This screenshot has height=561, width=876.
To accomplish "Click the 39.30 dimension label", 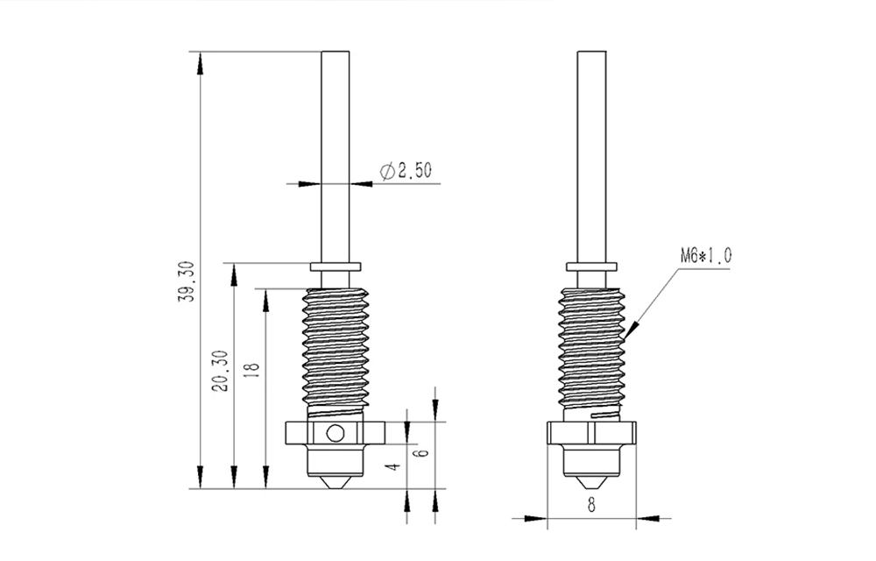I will coord(185,281).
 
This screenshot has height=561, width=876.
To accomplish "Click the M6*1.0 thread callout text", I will coord(705,256).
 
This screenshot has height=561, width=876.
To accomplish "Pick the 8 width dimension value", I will coord(591,504).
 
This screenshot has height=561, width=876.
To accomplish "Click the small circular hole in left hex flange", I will coord(334,432).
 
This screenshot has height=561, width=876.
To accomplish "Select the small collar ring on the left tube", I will coord(336,265).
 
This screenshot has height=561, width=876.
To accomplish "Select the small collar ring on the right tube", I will coord(591,265).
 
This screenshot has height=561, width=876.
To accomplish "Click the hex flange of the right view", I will coord(591,432).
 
